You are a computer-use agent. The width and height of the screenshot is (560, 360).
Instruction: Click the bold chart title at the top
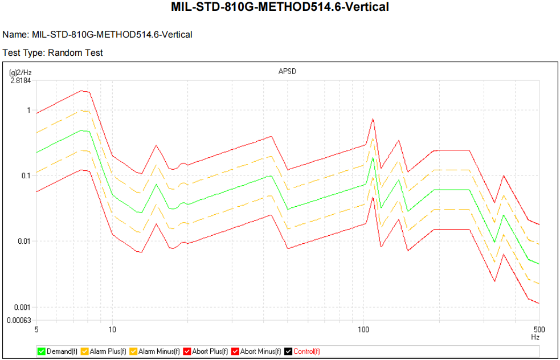pyautogui.click(x=280, y=8)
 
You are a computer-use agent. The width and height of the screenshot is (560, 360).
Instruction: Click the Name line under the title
pyautogui.click(x=97, y=35)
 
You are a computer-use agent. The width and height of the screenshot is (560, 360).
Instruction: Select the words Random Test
pyautogui.click(x=75, y=52)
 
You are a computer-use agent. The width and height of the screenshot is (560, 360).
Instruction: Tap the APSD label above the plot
pyautogui.click(x=287, y=72)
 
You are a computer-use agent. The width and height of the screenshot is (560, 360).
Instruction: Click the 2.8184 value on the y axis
pyautogui.click(x=21, y=80)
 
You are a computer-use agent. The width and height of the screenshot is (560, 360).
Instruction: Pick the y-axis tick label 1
pyautogui.click(x=28, y=110)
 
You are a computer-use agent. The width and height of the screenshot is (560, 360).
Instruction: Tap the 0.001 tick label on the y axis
pyautogui.click(x=22, y=307)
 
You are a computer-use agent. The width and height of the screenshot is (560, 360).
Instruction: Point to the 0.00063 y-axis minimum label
pyautogui.click(x=18, y=320)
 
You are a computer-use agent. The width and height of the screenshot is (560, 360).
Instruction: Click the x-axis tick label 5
pyautogui.click(x=36, y=329)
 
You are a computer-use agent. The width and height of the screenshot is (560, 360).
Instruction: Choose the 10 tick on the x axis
pyautogui.click(x=112, y=329)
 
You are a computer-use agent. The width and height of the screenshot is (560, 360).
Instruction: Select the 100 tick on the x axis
pyautogui.click(x=363, y=329)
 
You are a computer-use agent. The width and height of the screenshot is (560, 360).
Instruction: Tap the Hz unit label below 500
pyautogui.click(x=535, y=337)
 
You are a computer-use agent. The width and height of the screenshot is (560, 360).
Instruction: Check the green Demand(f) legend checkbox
pyautogui.click(x=41, y=351)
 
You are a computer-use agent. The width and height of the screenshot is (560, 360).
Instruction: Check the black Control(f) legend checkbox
pyautogui.click(x=288, y=351)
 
